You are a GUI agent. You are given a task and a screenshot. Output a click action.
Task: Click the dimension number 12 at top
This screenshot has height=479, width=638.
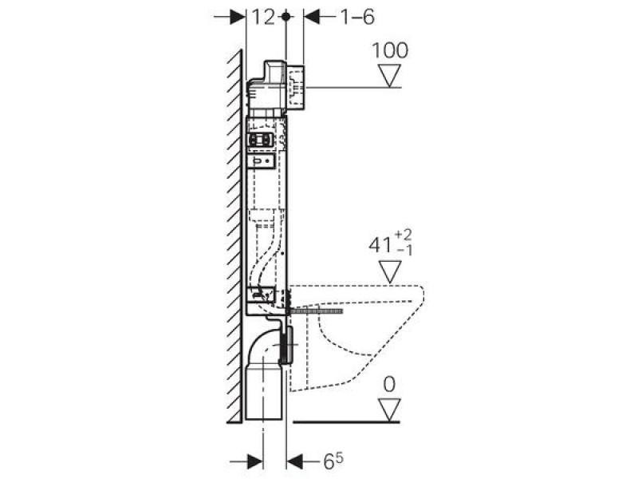263,17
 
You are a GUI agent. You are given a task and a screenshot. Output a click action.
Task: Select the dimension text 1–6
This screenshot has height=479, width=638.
357,17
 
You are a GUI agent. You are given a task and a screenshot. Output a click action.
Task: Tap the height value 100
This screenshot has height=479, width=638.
390,50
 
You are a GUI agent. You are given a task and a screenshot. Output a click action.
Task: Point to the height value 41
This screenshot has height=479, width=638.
380,246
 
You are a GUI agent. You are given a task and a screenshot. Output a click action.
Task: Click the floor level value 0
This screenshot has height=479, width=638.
389,384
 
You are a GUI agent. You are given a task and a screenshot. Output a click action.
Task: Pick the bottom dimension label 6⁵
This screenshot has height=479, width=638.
333,461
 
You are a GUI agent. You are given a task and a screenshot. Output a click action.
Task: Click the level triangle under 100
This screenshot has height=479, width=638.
390,76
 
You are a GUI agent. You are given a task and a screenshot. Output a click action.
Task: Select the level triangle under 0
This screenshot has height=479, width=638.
389,410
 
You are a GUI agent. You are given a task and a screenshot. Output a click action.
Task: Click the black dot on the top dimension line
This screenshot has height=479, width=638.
286,16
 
